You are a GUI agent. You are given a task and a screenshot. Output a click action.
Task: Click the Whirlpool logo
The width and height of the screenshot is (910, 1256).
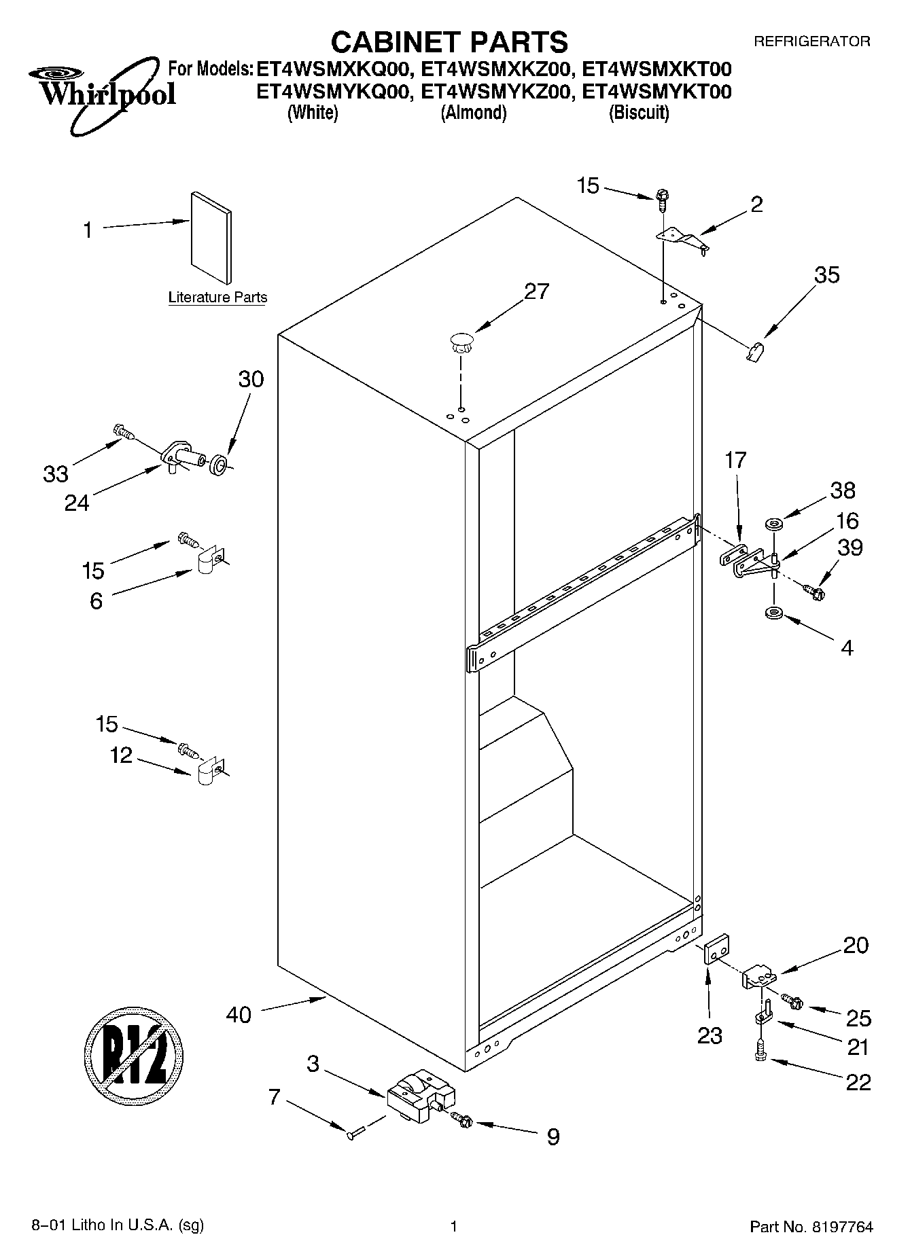click(x=102, y=92)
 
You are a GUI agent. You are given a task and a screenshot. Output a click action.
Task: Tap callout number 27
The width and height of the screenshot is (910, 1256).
click(x=536, y=291)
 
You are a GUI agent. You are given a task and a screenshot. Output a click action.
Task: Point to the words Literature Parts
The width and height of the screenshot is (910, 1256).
click(x=217, y=298)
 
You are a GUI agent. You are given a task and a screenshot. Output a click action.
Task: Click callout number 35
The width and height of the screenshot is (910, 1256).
click(x=826, y=275)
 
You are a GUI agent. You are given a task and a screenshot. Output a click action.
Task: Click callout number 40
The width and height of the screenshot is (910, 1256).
click(x=238, y=1015)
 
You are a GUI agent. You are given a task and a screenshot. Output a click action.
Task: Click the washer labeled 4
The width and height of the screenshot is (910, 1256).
click(x=773, y=613)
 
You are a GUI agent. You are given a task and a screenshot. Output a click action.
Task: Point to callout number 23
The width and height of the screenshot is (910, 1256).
click(x=710, y=1035)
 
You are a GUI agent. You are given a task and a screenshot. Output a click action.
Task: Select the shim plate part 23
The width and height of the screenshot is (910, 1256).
click(x=716, y=948)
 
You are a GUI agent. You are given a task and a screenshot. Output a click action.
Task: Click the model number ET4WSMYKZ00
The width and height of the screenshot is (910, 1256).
click(x=494, y=92)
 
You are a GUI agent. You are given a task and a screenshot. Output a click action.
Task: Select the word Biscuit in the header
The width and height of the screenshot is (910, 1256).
click(x=638, y=113)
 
